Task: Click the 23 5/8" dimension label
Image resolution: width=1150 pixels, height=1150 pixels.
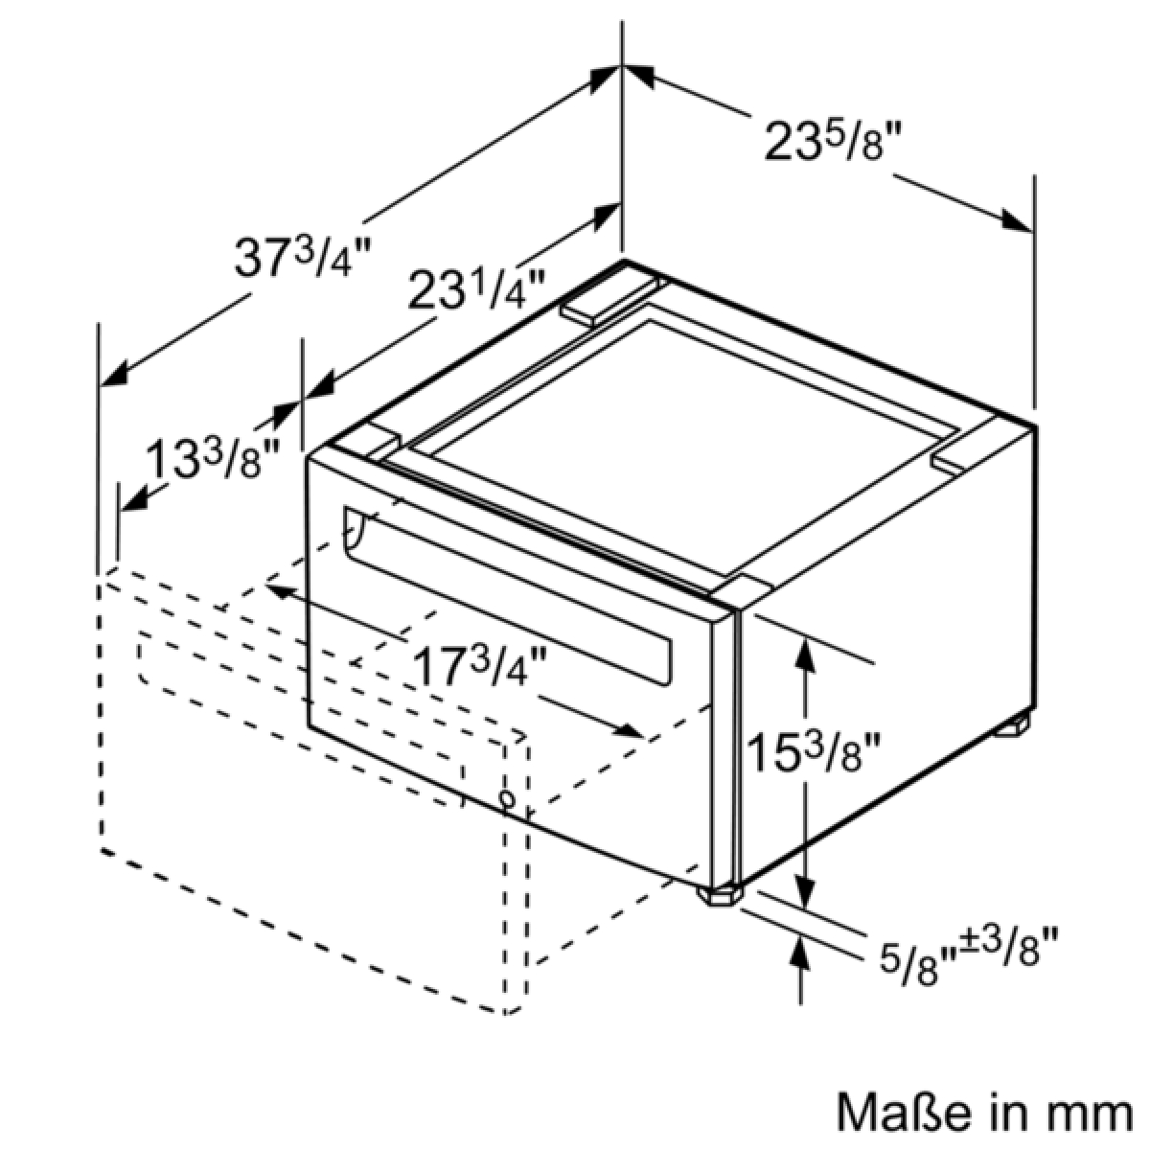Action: click(x=833, y=143)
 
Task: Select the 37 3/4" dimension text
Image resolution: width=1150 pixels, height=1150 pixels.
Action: click(x=304, y=257)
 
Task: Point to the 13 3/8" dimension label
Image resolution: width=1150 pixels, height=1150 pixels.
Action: click(x=213, y=459)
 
